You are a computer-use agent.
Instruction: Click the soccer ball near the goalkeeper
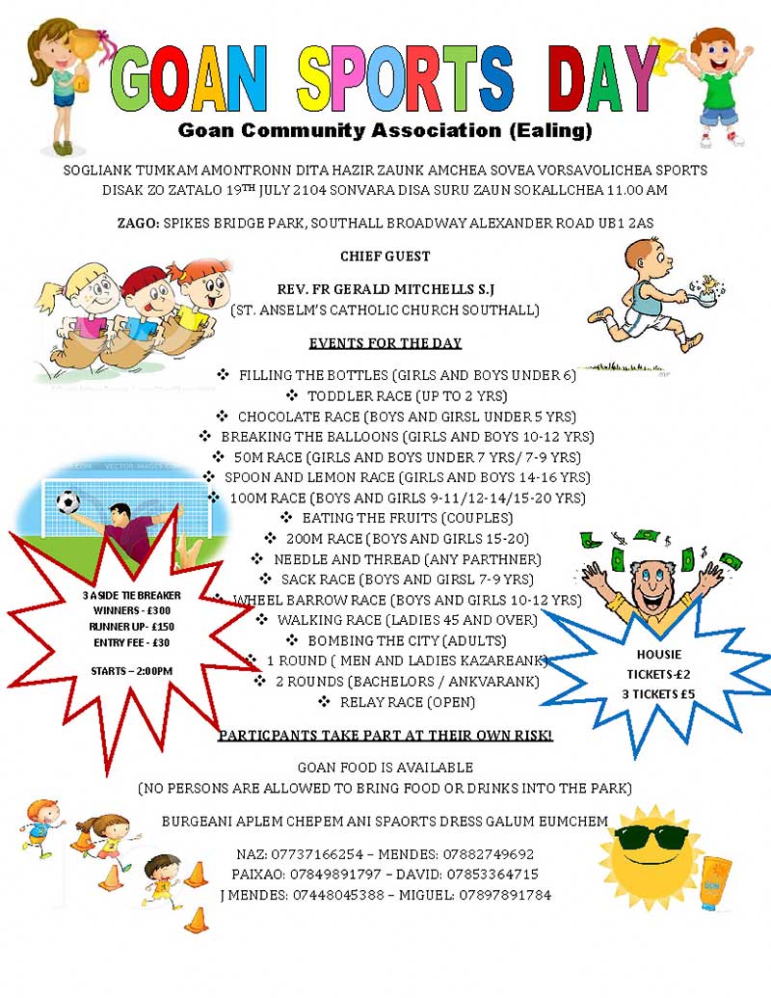[67, 502]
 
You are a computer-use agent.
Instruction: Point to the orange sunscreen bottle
[715, 881]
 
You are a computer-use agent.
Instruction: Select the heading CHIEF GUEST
[385, 256]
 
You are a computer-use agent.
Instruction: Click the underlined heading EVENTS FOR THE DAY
[385, 343]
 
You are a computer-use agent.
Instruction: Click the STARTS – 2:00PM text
[131, 671]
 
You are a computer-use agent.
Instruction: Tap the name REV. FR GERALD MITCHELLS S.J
[385, 289]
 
